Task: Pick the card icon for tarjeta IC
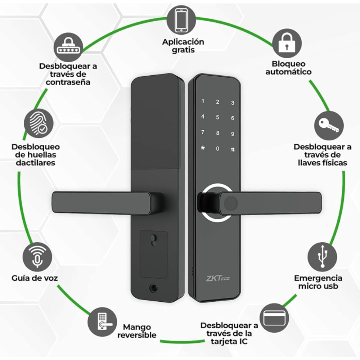274,318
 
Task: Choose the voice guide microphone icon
37,257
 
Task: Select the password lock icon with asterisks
69,47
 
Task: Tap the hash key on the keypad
233,149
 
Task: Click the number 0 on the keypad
217,149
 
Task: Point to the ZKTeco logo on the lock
215,278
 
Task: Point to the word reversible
137,335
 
